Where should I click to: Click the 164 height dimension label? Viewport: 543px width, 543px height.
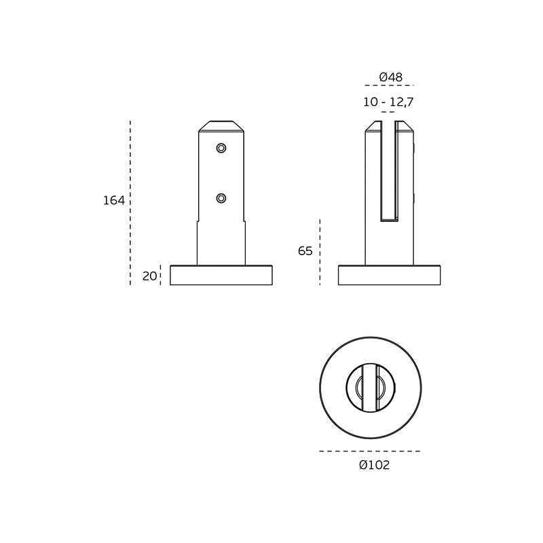(x=114, y=200)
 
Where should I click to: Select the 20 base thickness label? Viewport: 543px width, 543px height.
(x=149, y=276)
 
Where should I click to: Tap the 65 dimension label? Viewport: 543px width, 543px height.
(x=305, y=250)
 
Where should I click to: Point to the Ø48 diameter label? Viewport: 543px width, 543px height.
(x=391, y=77)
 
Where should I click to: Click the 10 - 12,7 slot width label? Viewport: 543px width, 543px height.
(x=388, y=102)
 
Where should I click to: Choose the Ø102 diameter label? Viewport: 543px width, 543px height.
(x=375, y=465)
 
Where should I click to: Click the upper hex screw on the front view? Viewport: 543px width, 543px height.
(x=221, y=148)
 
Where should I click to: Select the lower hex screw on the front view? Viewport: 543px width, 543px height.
(x=221, y=198)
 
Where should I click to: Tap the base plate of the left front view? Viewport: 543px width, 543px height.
(x=221, y=276)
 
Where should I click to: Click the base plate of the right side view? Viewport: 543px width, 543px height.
(x=389, y=276)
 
